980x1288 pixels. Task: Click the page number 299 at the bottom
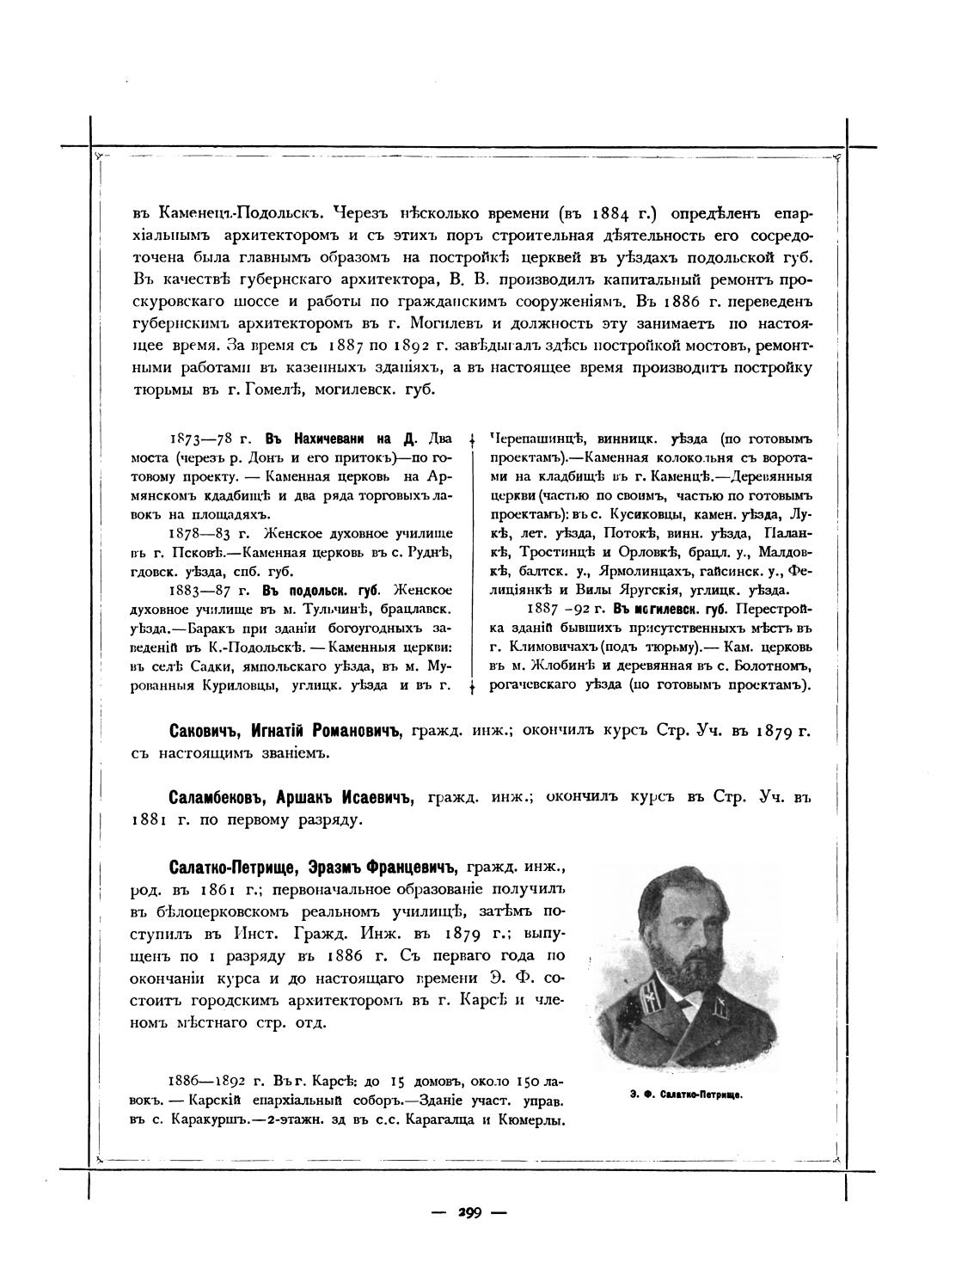[469, 1213]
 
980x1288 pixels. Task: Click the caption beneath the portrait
[679, 1095]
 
